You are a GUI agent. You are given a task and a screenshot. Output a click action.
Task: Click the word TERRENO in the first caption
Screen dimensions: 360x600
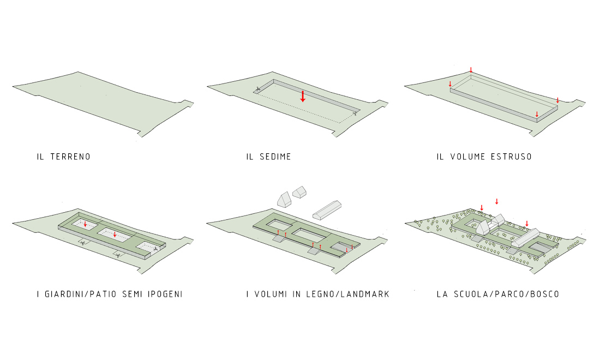coord(70,157)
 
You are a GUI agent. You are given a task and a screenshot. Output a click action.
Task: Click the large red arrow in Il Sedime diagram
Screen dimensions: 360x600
coord(303,97)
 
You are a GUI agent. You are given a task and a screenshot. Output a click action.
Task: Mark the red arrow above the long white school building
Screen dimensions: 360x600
coord(527,223)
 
